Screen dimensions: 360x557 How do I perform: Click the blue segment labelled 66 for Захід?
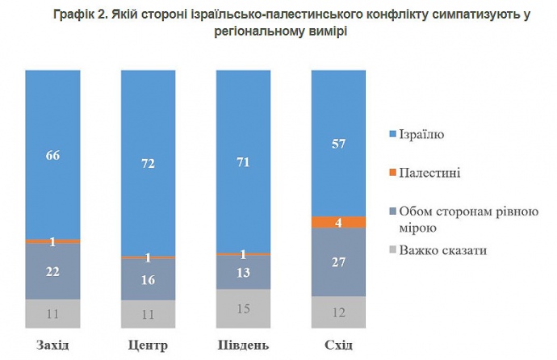52,155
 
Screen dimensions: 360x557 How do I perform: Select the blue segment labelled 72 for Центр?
148,163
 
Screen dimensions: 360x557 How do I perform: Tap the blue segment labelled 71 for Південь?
244,161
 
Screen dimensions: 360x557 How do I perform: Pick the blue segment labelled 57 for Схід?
339,144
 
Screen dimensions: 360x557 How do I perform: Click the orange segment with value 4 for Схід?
339,222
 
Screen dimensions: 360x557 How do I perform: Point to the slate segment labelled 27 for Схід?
339,262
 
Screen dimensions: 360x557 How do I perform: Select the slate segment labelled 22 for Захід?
52,271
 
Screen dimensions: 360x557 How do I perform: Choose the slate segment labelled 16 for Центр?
148,279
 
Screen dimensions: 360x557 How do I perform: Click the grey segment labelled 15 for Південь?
244,308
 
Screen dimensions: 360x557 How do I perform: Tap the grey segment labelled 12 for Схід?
339,312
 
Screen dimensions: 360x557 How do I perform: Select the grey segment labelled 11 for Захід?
52,313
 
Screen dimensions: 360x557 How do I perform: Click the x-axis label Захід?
52,345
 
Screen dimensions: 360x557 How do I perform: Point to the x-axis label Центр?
148,345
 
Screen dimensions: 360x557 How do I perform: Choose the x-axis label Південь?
244,345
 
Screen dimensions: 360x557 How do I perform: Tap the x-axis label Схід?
339,345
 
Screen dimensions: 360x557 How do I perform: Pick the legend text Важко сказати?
442,250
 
